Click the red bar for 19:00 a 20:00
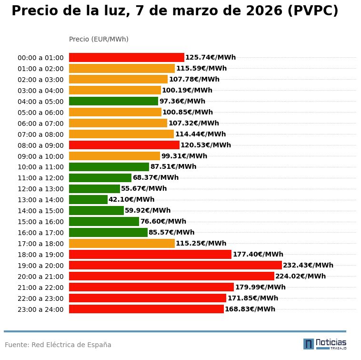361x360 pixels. [175, 265]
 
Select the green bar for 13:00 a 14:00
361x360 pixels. [88, 199]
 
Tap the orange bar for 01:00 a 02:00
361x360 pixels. [122, 68]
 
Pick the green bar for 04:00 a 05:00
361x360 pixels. [113, 101]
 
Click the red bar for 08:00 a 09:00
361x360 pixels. [124, 145]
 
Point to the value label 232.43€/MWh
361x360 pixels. [308, 265]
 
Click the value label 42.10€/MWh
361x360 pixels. [131, 199]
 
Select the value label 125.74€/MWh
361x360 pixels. [211, 57]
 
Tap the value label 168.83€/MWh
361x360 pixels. [250, 309]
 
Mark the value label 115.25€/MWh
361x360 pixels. [201, 243]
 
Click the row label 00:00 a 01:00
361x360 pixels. [40, 58]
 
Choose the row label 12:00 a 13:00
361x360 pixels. [40, 189]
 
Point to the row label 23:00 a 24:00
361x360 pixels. [40, 309]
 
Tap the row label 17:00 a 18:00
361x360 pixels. [40, 244]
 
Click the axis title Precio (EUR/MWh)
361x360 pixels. [99, 39]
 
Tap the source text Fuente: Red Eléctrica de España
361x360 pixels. [58, 345]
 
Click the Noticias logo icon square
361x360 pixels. [309, 344]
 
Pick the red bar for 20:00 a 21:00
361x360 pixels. [171, 276]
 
